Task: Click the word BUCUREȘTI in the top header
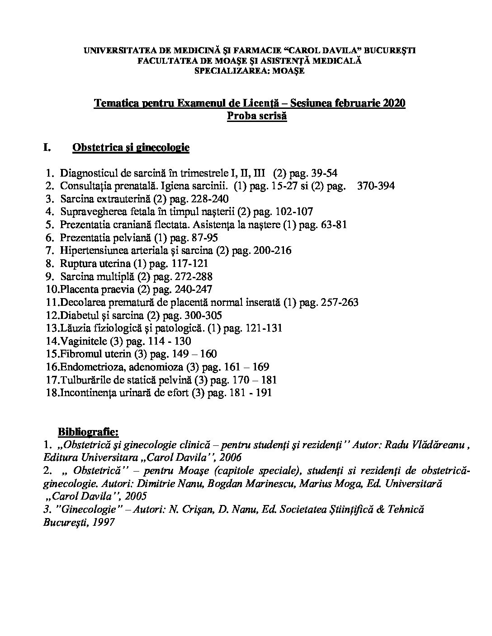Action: coord(390,51)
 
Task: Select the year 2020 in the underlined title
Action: coord(394,103)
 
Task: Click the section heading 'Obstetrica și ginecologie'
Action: coord(131,148)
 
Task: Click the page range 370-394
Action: coord(376,186)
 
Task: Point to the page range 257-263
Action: coord(339,302)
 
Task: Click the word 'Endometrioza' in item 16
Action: coord(88,367)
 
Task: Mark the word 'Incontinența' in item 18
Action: coord(86,393)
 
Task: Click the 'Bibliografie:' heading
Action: coord(88,432)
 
